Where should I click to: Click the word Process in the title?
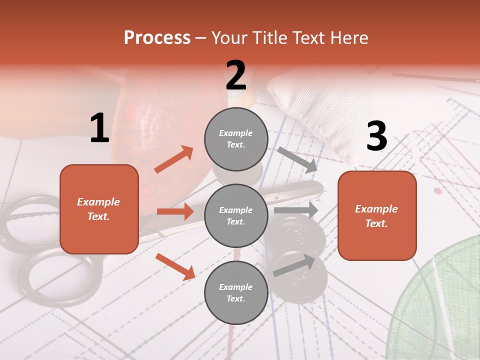157,37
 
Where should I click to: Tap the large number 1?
99,128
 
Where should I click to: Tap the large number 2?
236,75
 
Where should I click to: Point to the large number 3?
376,136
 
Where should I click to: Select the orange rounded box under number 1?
99,209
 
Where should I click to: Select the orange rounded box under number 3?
377,215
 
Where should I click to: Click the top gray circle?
236,139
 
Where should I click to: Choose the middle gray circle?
236,215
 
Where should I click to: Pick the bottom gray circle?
236,292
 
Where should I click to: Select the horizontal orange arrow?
175,211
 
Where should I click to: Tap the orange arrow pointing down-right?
175,266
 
